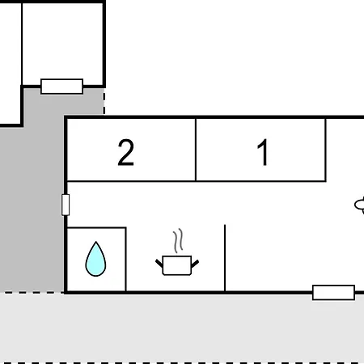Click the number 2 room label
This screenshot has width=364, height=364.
[x=125, y=152]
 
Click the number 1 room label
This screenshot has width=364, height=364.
[x=263, y=152]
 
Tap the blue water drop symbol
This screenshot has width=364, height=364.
[x=95, y=259]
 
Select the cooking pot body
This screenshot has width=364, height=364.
[x=177, y=265]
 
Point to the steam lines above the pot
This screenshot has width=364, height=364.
[x=178, y=240]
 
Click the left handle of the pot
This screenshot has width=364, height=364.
[x=159, y=263]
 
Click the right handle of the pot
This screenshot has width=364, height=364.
[x=195, y=264]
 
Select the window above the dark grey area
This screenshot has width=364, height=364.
[x=61, y=87]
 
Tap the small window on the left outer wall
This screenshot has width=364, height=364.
[x=66, y=205]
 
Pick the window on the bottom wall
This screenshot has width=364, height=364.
[x=333, y=292]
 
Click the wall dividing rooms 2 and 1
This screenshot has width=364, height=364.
[x=196, y=150]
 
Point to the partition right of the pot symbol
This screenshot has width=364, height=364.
[x=225, y=258]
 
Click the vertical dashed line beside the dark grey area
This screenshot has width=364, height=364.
[x=104, y=101]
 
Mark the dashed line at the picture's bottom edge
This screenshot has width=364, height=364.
[x=182, y=363]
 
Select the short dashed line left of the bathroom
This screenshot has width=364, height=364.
[x=32, y=292]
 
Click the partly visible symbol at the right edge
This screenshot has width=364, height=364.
[x=359, y=205]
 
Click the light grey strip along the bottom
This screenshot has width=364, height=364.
[x=182, y=328]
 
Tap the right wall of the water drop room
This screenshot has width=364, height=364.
[x=125, y=260]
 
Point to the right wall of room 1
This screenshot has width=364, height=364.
[x=326, y=150]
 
